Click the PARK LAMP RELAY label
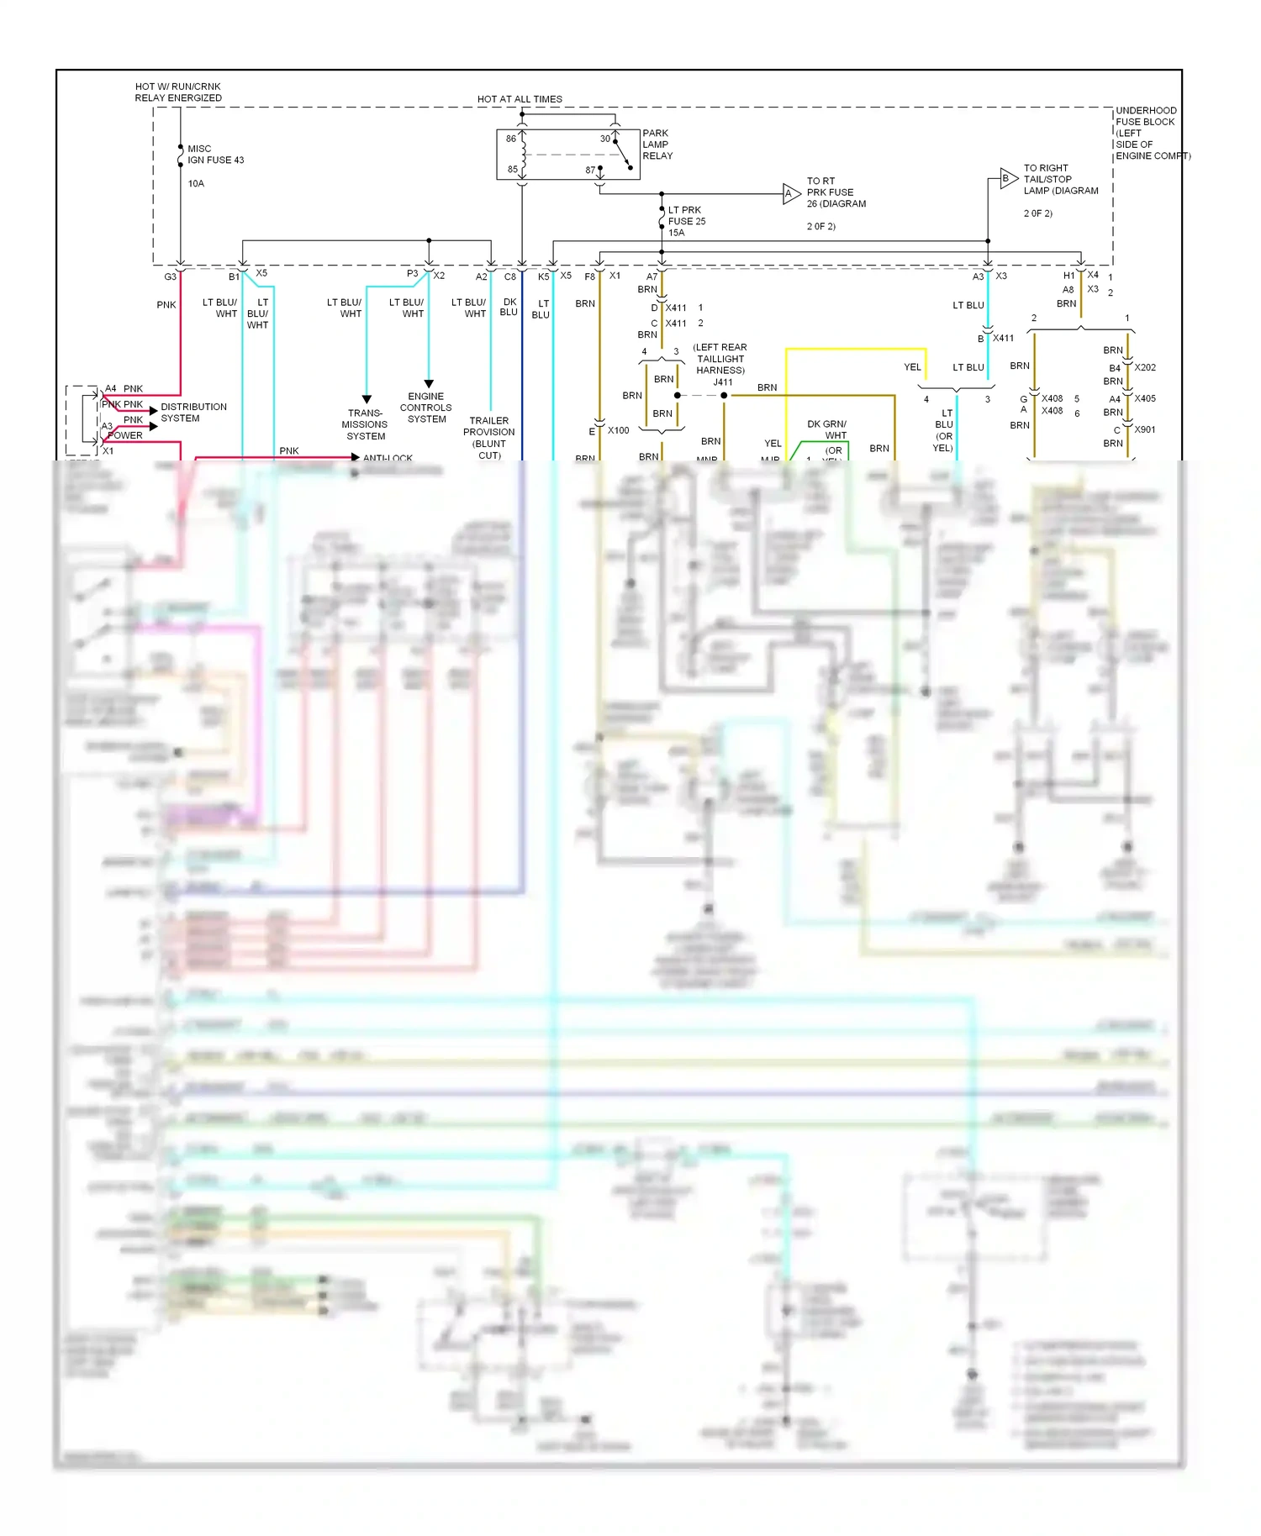click(x=657, y=145)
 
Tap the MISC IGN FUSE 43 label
click(x=215, y=155)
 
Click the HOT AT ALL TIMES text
click(x=520, y=99)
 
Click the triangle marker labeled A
click(x=790, y=193)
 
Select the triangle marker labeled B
click(x=1007, y=178)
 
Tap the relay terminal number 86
click(x=511, y=139)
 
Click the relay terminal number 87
click(x=590, y=171)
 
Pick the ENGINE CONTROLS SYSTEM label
click(x=426, y=408)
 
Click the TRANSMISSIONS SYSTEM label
click(x=366, y=424)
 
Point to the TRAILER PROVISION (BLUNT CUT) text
click(x=489, y=438)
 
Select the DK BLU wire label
click(x=509, y=307)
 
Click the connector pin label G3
click(x=170, y=276)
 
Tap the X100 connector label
click(x=619, y=430)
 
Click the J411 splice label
click(x=723, y=382)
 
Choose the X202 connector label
click(x=1145, y=367)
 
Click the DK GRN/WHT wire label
click(x=827, y=429)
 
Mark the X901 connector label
click(x=1145, y=429)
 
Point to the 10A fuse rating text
click(x=196, y=183)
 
